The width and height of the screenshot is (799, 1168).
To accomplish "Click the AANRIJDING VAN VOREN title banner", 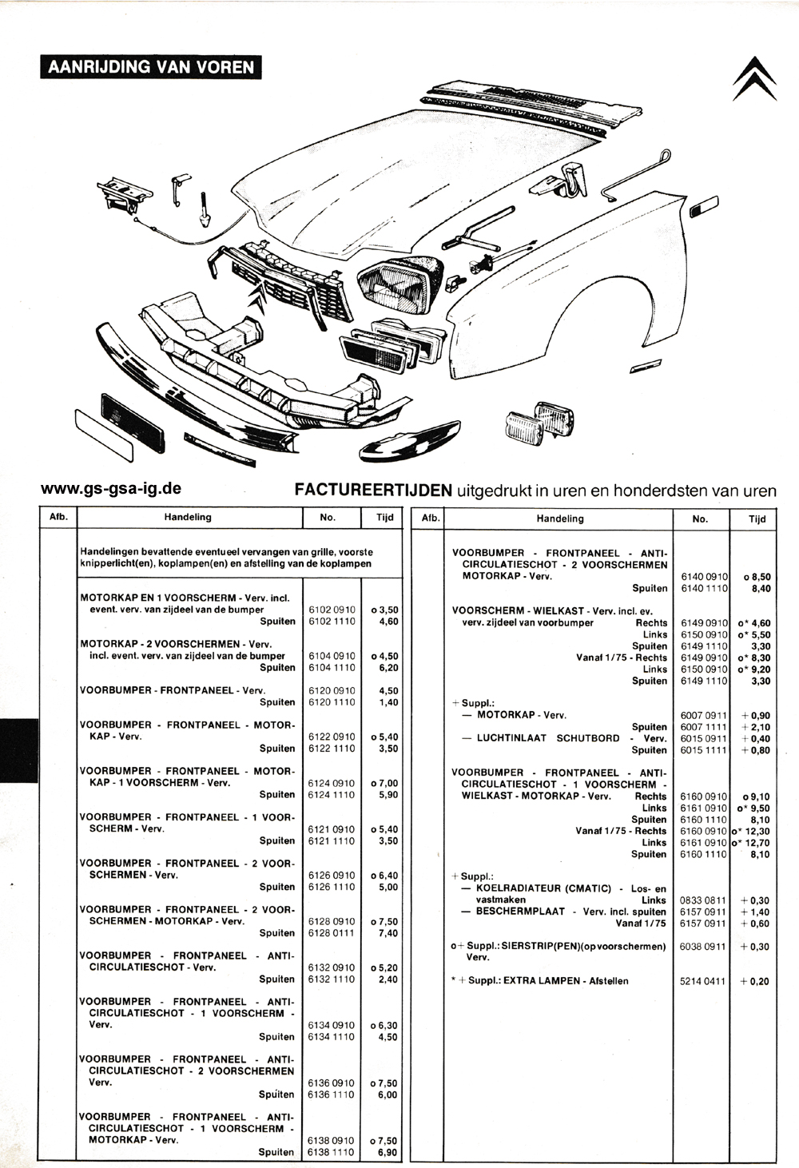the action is click(x=151, y=67).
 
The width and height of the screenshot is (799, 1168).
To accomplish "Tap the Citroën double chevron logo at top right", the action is click(x=754, y=79).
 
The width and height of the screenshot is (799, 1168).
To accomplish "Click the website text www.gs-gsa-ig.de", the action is click(x=111, y=489).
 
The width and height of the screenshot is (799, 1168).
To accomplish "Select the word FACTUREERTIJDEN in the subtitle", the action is click(x=373, y=491).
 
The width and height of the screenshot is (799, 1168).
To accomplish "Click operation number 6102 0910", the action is click(x=332, y=610).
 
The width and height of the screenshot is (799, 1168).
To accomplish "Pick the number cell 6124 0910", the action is click(x=332, y=783).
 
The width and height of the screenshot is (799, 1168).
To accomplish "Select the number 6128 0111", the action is click(x=332, y=933).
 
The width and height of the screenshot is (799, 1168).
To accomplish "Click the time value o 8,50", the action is click(x=757, y=578).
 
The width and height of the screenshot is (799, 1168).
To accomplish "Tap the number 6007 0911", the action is click(x=703, y=715).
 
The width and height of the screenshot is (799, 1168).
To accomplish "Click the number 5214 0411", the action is click(x=702, y=981).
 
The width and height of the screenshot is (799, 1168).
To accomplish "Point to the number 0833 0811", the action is click(x=702, y=900).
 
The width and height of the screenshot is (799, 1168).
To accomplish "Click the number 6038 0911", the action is click(x=702, y=947).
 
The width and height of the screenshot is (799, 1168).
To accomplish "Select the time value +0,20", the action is click(x=755, y=981).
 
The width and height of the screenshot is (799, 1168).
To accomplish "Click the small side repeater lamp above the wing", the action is click(x=704, y=206).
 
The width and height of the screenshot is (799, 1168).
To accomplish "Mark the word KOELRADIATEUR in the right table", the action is click(x=543, y=888).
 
